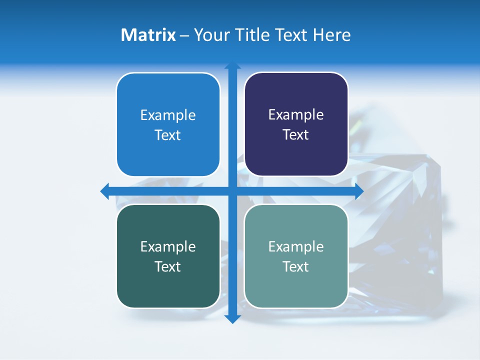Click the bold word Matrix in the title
[x=148, y=35]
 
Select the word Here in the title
[x=332, y=35]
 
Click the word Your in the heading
[x=211, y=35]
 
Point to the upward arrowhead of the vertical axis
[x=232, y=65]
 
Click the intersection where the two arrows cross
[x=232, y=191]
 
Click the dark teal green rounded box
[x=168, y=285]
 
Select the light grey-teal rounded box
[x=296, y=285]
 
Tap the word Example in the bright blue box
[x=168, y=115]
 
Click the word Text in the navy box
[x=296, y=135]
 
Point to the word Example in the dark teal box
[x=168, y=246]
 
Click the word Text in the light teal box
[x=296, y=266]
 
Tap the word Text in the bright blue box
[x=168, y=135]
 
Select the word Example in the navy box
[x=296, y=115]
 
